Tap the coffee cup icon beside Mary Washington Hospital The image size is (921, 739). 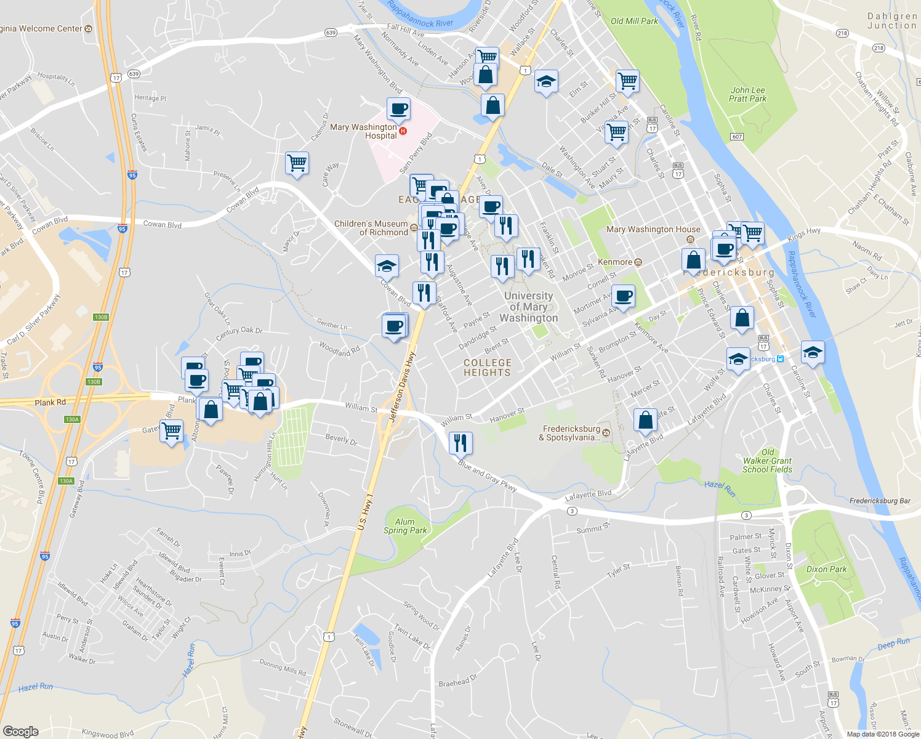tap(398, 109)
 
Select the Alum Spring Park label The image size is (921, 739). tap(404, 526)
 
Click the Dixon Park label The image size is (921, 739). tap(826, 569)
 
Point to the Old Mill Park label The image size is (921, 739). tap(634, 21)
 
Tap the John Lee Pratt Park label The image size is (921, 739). tap(747, 94)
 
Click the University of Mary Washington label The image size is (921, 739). tap(528, 307)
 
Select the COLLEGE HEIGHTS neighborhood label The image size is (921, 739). tap(487, 368)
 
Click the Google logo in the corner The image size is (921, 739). tap(20, 731)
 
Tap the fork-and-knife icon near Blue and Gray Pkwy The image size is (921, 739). tap(460, 442)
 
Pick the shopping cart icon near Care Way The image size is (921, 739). tap(297, 163)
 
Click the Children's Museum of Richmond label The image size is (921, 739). tap(371, 228)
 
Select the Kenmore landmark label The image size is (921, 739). tap(615, 262)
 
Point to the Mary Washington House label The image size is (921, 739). tap(653, 230)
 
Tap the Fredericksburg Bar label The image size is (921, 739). tap(879, 501)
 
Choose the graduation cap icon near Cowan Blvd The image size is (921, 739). tap(387, 266)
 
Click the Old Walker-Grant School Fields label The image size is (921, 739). tap(767, 461)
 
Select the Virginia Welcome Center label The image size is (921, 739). tap(41, 29)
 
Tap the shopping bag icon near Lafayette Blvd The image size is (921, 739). tap(645, 421)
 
